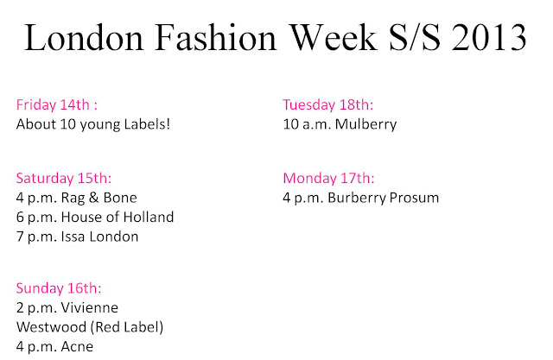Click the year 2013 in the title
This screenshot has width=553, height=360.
tap(489, 38)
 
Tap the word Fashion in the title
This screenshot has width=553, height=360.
tap(215, 37)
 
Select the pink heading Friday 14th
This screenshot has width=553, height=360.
tap(57, 104)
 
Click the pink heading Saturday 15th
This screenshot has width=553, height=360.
tap(64, 178)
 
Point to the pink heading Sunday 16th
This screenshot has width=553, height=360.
tap(59, 287)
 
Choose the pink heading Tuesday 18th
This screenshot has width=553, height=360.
tap(328, 104)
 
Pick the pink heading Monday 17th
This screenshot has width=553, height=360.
tap(328, 178)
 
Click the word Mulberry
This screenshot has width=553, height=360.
tap(365, 124)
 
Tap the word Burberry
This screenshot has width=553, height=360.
tap(357, 198)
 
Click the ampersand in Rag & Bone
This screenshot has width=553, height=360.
tap(94, 198)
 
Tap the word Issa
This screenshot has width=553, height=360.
tap(73, 237)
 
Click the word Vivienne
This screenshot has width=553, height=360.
tap(90, 307)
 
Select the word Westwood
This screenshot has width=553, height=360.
tap(51, 327)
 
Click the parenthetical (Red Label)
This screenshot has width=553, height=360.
tap(127, 327)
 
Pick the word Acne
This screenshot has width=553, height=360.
tap(77, 346)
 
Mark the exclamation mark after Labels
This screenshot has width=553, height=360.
tap(168, 124)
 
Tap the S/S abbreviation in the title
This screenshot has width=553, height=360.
tap(415, 37)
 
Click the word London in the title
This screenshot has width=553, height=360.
tap(84, 38)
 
